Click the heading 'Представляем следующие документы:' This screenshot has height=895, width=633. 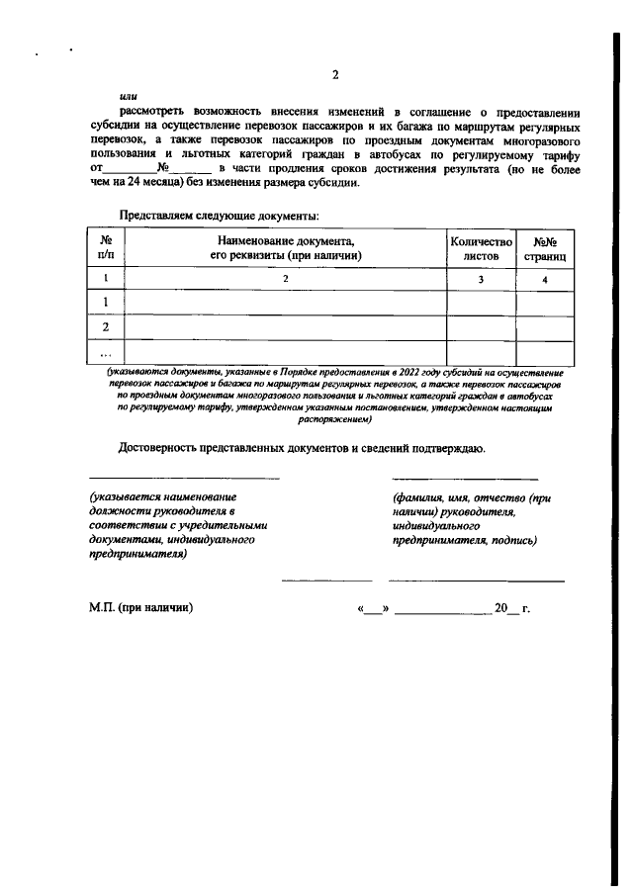point(219,215)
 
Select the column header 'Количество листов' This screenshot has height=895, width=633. point(481,247)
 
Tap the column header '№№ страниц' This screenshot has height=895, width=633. point(547,247)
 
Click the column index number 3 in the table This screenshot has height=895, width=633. point(481,280)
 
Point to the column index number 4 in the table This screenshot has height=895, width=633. point(547,280)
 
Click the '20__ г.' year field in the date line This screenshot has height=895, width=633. point(512,608)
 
